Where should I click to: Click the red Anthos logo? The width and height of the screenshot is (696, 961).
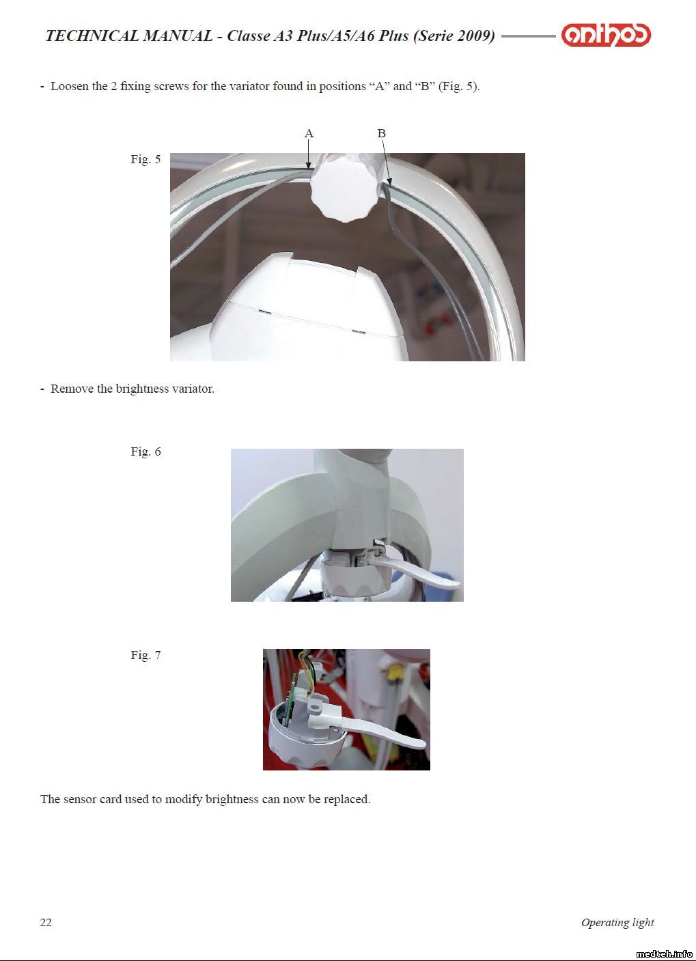606,35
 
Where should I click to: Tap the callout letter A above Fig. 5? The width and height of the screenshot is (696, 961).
309,133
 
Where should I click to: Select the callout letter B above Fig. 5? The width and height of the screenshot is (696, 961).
381,133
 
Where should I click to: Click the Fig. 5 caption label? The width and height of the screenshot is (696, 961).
146,159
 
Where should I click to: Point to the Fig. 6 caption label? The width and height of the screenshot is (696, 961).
146,451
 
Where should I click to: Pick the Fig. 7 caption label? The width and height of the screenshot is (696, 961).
146,655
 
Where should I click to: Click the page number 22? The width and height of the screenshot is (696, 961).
46,922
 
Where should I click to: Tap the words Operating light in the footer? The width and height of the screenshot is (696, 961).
617,923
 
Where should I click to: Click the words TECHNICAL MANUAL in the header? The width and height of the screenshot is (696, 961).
128,36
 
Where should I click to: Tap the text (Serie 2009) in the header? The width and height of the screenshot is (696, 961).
454,36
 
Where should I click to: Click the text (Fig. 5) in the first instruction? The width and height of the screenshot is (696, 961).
459,87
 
